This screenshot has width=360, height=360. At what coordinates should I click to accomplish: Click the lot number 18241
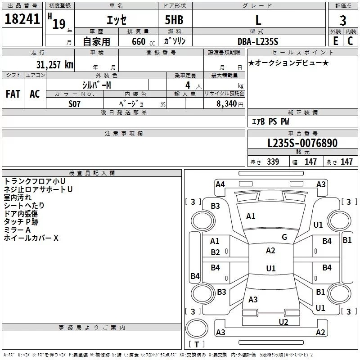point(22,19)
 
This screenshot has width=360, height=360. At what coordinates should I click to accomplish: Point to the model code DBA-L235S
point(258,41)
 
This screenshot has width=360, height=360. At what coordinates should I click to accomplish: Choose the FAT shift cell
point(13,94)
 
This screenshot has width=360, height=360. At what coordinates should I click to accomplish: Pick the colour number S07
point(75,103)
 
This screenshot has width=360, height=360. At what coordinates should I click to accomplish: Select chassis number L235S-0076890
point(302,143)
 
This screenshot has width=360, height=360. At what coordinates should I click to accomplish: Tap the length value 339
point(273,162)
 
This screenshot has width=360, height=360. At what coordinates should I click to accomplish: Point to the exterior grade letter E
point(335,41)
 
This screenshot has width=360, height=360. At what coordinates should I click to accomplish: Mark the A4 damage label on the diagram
point(220,184)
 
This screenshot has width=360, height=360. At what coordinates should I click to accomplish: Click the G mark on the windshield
point(284,237)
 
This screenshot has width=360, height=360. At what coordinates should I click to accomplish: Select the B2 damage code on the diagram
point(216,252)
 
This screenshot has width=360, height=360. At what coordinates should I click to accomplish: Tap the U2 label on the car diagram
point(283,321)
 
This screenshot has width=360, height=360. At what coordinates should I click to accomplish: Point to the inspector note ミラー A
point(17,229)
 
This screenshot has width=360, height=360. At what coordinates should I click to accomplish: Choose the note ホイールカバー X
point(31,238)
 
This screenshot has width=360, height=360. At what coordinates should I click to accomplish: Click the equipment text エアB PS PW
point(270,121)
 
